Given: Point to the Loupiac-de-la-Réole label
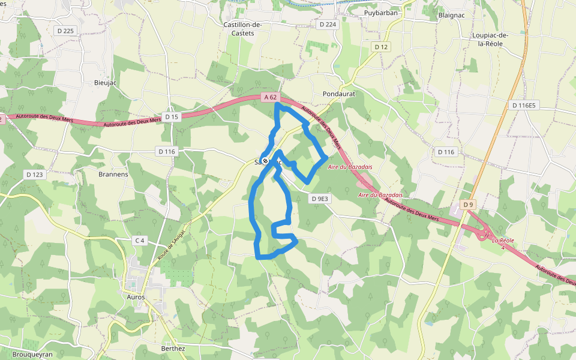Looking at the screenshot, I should (490, 40).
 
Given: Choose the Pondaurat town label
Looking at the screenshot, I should (339, 94).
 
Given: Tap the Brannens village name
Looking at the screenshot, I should (113, 175).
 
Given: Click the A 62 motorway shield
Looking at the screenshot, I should (271, 97).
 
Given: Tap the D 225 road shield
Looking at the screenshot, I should (67, 31).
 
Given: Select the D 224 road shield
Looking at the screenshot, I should (328, 25).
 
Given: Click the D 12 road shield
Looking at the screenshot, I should (381, 47).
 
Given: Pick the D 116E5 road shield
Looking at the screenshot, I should (524, 106).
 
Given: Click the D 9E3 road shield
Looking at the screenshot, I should (320, 199).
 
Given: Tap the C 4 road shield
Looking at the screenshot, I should (140, 241).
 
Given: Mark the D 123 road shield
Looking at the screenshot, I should (35, 175).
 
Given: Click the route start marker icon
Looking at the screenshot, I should (265, 161).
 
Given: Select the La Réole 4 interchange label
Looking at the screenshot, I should (503, 244).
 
